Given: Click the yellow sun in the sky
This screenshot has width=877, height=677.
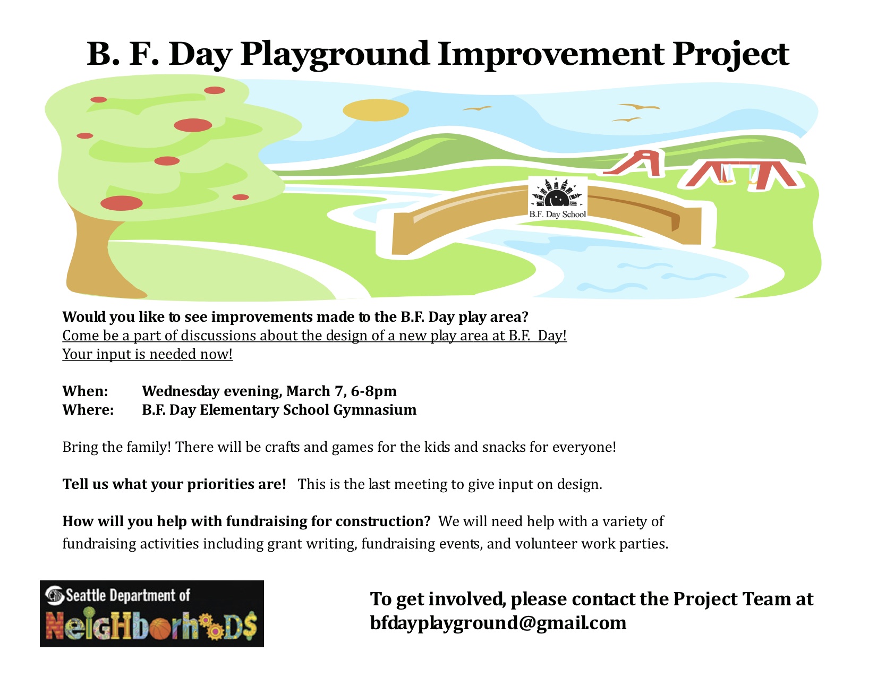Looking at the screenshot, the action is [x=376, y=110].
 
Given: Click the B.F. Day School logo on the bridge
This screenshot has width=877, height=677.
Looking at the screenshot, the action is [x=557, y=198].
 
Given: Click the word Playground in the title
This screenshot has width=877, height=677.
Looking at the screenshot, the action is [x=334, y=55].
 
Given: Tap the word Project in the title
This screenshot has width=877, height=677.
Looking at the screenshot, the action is [x=730, y=55].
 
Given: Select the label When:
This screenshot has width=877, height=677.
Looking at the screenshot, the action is [x=85, y=391].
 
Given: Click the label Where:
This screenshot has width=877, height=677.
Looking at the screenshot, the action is [x=88, y=409].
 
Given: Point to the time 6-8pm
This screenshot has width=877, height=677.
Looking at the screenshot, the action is [x=374, y=391].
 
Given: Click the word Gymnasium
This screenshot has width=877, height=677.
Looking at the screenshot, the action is [x=375, y=410].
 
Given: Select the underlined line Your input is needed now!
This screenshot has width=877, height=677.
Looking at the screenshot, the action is [x=147, y=354].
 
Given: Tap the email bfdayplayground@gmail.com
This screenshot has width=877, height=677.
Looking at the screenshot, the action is [x=498, y=623].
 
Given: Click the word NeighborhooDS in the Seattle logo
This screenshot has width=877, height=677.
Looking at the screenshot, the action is [x=151, y=625].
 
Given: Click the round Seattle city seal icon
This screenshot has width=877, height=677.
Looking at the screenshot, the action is [x=55, y=596].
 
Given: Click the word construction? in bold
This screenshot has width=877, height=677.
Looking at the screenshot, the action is [x=383, y=521].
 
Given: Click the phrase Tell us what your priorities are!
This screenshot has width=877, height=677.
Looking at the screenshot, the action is [x=174, y=485].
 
